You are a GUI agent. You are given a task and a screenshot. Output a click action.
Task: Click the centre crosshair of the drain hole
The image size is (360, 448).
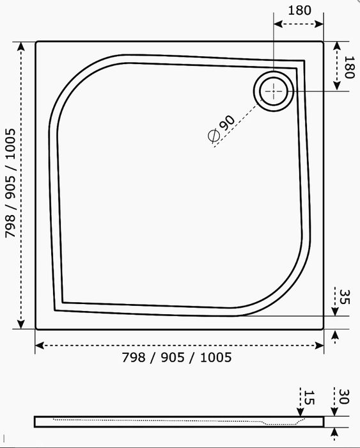click(x=274, y=91)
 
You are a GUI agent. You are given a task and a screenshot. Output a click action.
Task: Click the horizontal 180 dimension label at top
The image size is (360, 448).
click(x=299, y=11)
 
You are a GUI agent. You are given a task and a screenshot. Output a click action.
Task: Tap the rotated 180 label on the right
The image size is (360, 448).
click(x=349, y=67)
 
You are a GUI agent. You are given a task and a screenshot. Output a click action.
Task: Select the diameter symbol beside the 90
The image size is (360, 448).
click(x=214, y=136)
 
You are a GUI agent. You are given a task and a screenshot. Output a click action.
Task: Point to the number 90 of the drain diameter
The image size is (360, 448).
click(x=228, y=123)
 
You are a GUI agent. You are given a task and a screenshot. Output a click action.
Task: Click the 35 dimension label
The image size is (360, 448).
click(x=344, y=297)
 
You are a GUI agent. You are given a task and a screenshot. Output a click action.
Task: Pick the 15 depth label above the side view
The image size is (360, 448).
click(x=309, y=397)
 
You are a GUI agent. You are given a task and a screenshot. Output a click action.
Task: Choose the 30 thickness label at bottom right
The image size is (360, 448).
click(x=344, y=396)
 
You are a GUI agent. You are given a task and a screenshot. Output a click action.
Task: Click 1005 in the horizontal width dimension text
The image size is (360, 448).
click(x=215, y=357)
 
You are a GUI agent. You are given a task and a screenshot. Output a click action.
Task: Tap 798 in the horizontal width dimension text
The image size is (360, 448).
click(x=134, y=357)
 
